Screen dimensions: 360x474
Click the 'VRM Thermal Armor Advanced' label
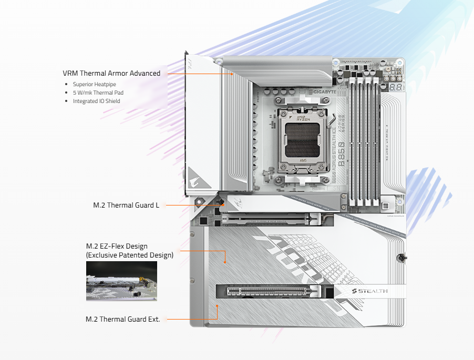(x=111, y=74)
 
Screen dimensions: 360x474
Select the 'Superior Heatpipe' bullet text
(x=95, y=84)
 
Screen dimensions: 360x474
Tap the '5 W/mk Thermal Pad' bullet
(x=98, y=92)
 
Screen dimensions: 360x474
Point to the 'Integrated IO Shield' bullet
(x=97, y=101)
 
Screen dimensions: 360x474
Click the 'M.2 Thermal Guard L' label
(x=126, y=205)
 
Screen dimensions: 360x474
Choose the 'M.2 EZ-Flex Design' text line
(x=117, y=246)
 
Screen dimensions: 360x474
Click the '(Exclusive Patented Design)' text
(x=129, y=255)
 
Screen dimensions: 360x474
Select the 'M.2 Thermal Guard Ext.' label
(x=122, y=319)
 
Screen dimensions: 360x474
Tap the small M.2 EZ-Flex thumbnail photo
(x=121, y=281)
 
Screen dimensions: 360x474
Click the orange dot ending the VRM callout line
(x=232, y=74)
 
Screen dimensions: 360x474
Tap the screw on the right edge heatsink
(x=401, y=258)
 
